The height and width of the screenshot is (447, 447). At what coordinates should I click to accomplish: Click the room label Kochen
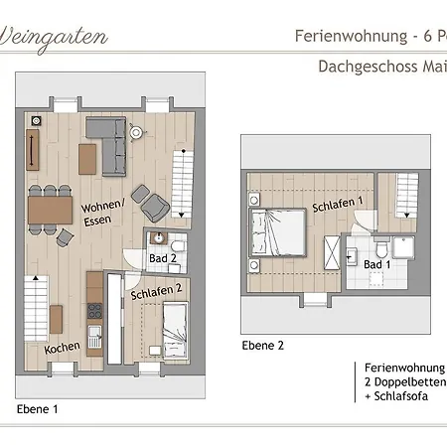pos(61,350)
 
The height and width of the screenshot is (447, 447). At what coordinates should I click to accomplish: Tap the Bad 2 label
pos(162,257)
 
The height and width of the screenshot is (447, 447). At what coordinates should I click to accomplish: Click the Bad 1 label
pos(377,264)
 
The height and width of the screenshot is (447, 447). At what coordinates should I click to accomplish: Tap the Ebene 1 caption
pos(38,408)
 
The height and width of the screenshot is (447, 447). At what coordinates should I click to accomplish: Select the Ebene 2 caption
pos(262,345)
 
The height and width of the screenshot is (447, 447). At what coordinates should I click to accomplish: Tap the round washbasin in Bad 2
pos(157,240)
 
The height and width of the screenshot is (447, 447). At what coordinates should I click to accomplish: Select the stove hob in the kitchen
pos(95,334)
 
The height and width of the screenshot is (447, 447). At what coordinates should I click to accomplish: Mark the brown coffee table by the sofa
pos(86,157)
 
